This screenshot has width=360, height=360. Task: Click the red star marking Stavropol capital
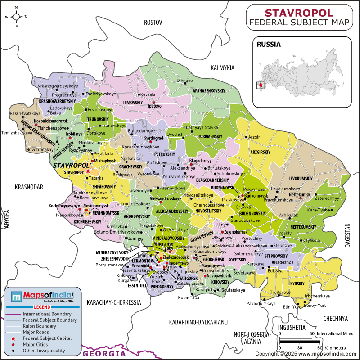tap(88, 171)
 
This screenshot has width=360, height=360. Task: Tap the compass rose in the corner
tap(16, 17)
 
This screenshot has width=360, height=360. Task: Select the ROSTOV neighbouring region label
tap(152, 22)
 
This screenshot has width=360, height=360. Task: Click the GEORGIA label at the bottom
tap(106, 353)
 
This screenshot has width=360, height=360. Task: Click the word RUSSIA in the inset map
tap(269, 45)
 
